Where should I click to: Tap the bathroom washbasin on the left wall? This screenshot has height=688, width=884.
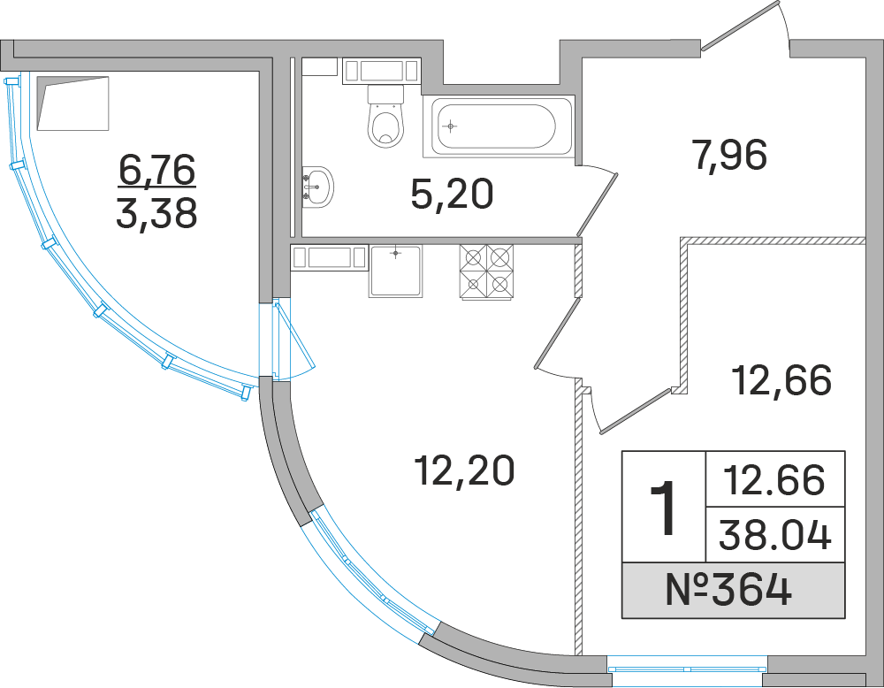tap(317, 186)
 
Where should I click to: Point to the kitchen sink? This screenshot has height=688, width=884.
tap(395, 271)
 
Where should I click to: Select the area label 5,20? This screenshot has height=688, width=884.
tap(451, 194)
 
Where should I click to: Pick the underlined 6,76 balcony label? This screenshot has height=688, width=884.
tap(156, 171)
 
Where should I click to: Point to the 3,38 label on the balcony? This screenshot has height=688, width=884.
tap(156, 213)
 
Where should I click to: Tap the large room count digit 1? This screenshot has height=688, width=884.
tap(663, 507)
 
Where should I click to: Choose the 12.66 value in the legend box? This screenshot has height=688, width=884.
tap(775, 479)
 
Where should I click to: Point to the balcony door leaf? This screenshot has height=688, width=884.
tap(294, 339)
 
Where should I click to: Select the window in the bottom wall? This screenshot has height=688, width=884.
tap(687, 669)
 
